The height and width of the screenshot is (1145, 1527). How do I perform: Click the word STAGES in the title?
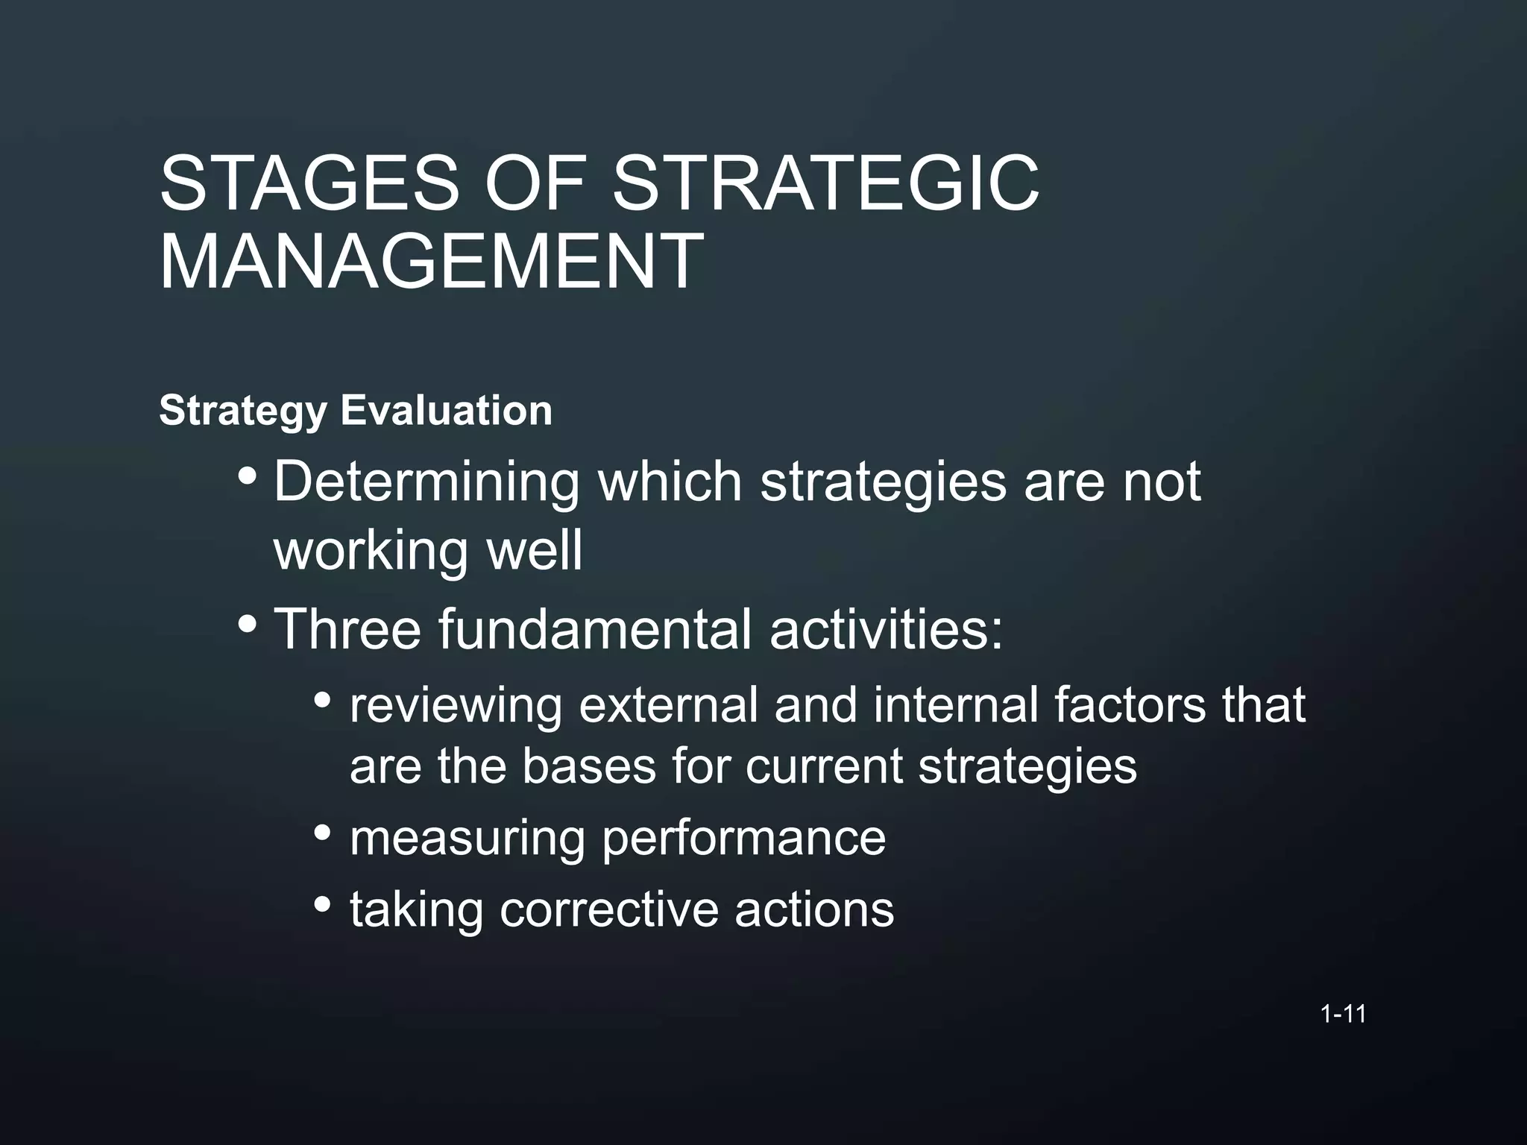309,183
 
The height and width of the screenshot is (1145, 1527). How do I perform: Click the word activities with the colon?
887,628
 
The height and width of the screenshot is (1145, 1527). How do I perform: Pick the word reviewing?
456,704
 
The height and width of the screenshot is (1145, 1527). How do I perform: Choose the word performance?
743,839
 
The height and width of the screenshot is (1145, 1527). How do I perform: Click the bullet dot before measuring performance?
322,832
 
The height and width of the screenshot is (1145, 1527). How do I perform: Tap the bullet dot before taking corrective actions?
322,903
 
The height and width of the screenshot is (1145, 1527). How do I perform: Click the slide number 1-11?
1343,1014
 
